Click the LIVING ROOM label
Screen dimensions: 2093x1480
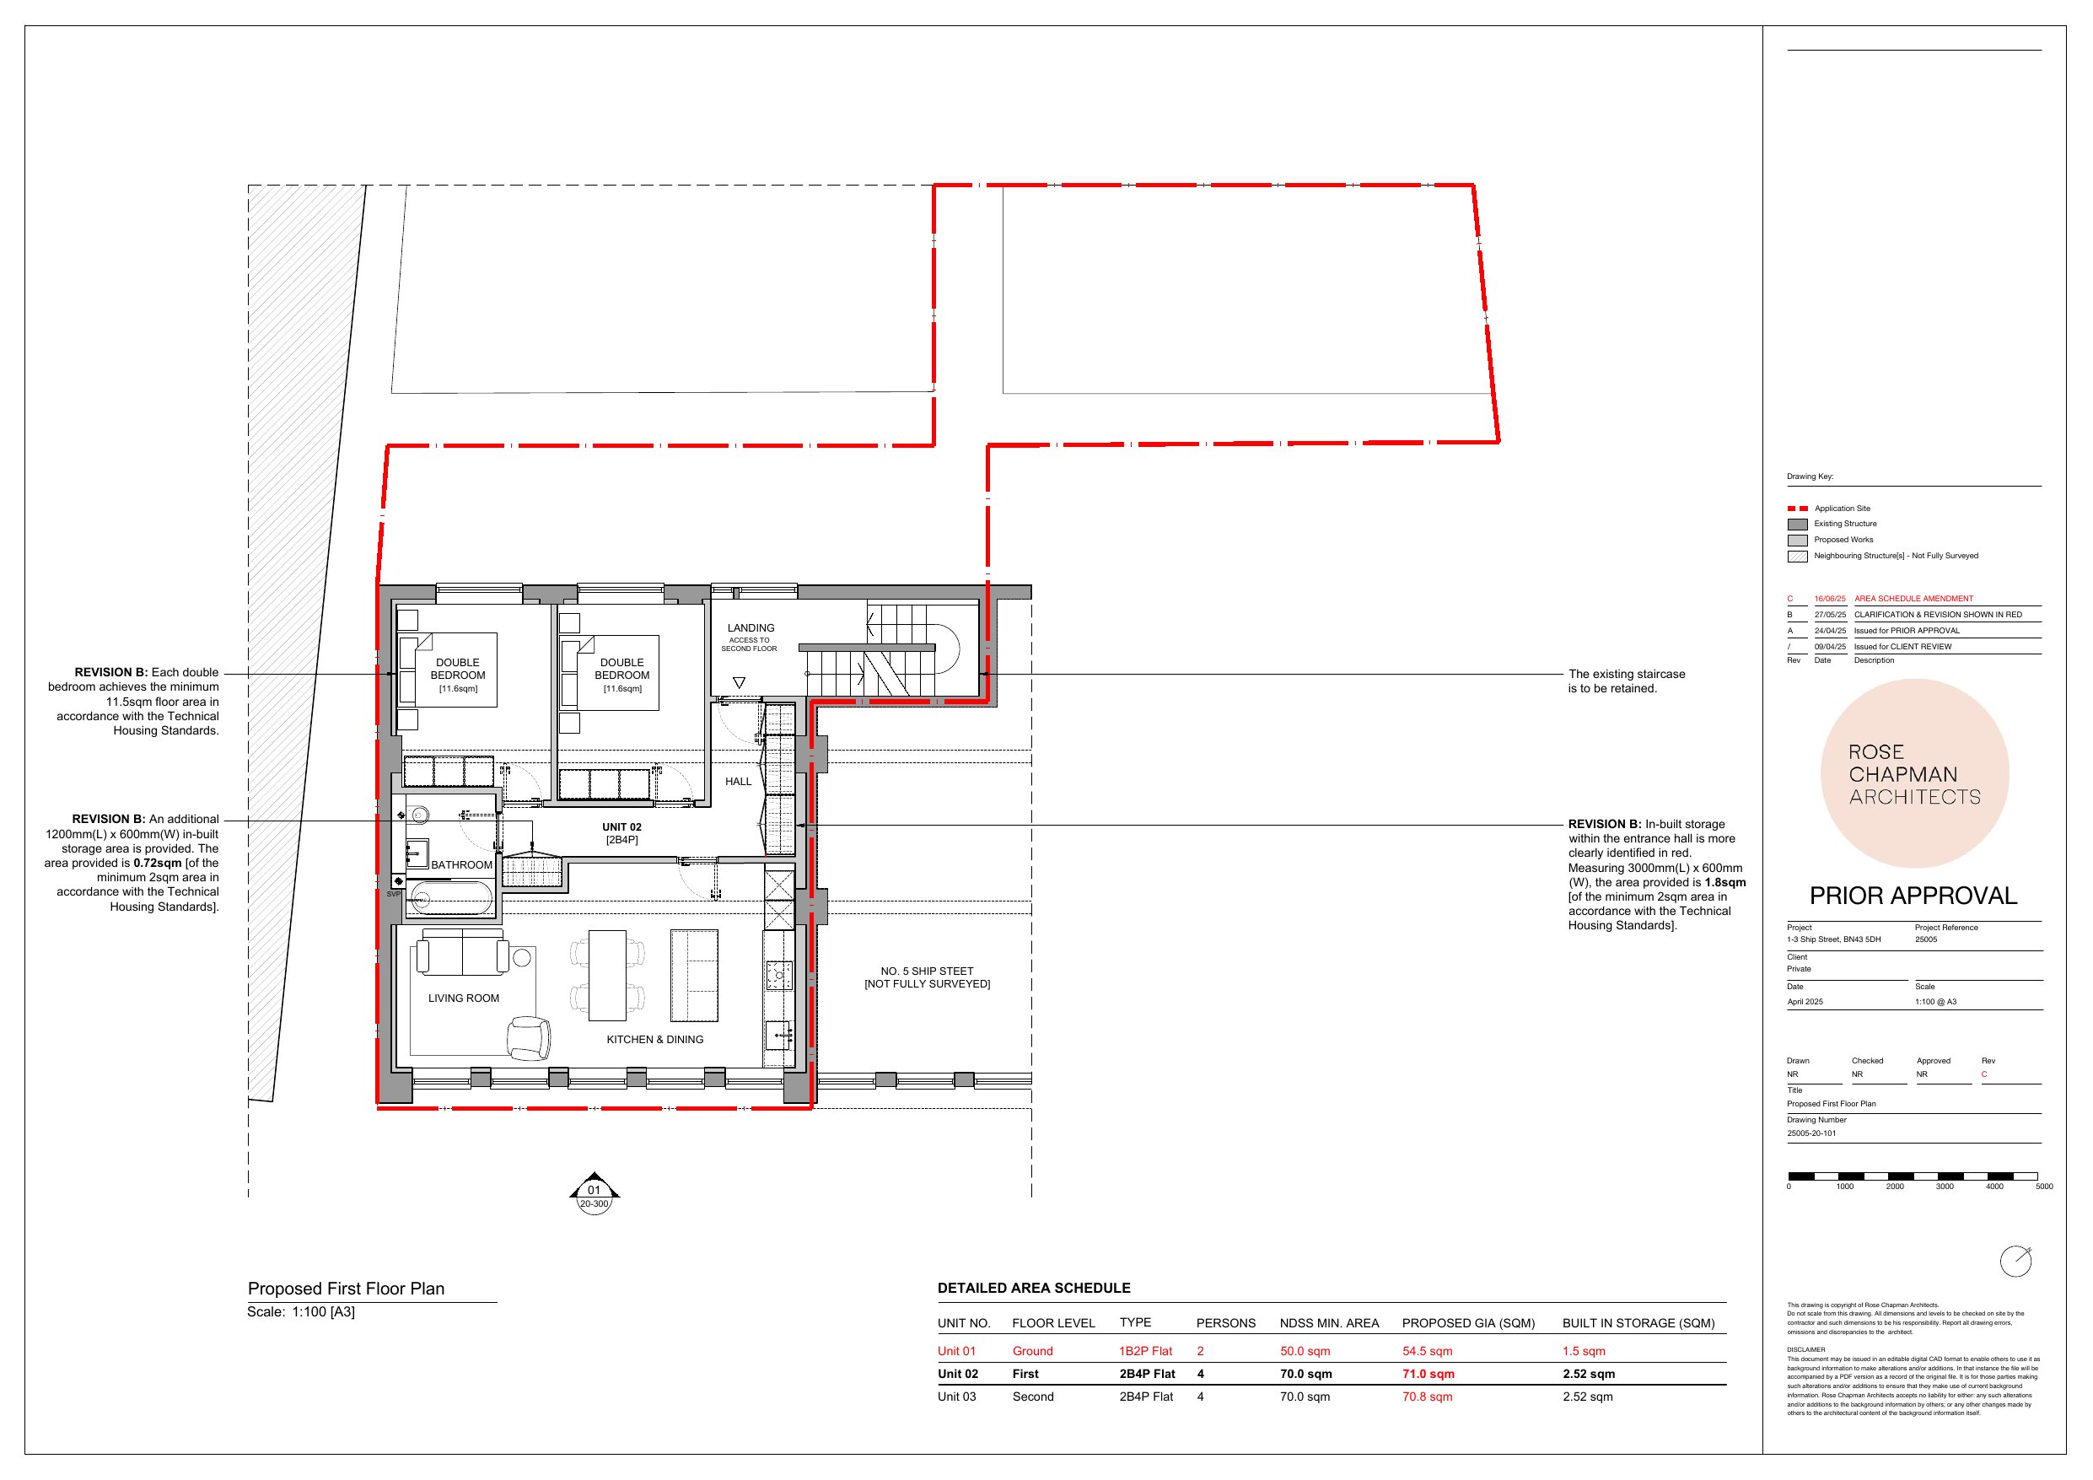[x=463, y=998]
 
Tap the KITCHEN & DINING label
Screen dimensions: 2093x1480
[x=654, y=1040]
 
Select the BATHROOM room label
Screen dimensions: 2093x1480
[x=461, y=865]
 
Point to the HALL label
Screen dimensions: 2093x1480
[x=739, y=782]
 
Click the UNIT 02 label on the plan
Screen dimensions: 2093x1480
[x=621, y=827]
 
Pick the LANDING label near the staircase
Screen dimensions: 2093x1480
[x=751, y=628]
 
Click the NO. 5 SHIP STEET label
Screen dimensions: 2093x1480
[x=927, y=971]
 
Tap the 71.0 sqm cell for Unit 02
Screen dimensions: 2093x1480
[x=1429, y=1375]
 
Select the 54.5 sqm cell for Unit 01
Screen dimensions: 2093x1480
[x=1428, y=1352]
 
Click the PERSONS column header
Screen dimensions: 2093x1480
[x=1226, y=1323]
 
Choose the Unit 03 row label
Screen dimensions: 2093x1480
[x=957, y=1397]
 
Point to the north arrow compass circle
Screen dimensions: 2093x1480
[x=2015, y=1262]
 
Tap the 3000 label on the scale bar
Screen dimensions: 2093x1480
[x=1945, y=1187]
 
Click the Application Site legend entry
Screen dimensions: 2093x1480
[x=1842, y=509]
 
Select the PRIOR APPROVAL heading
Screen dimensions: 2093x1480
[x=1913, y=896]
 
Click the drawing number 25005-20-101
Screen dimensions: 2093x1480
[x=1811, y=1133]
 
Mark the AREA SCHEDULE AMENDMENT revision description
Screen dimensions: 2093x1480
[x=1913, y=599]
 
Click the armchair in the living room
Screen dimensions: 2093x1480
[x=529, y=1038]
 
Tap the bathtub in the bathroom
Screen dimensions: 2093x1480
[x=451, y=899]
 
